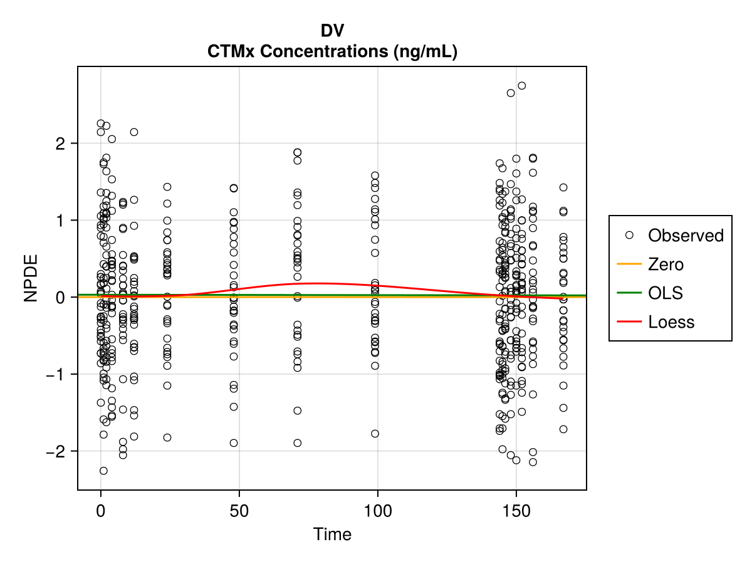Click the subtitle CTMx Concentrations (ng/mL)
pos(332,52)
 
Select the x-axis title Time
pos(332,535)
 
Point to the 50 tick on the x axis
pos(239,510)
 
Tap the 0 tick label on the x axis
pos(100,510)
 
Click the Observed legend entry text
pos(686,236)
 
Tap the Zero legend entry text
pos(666,264)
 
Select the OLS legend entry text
pos(666,293)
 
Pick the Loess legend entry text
pos(671,322)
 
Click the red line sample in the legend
pos(629,322)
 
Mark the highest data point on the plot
pos(521,86)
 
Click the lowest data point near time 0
pos(103,471)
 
